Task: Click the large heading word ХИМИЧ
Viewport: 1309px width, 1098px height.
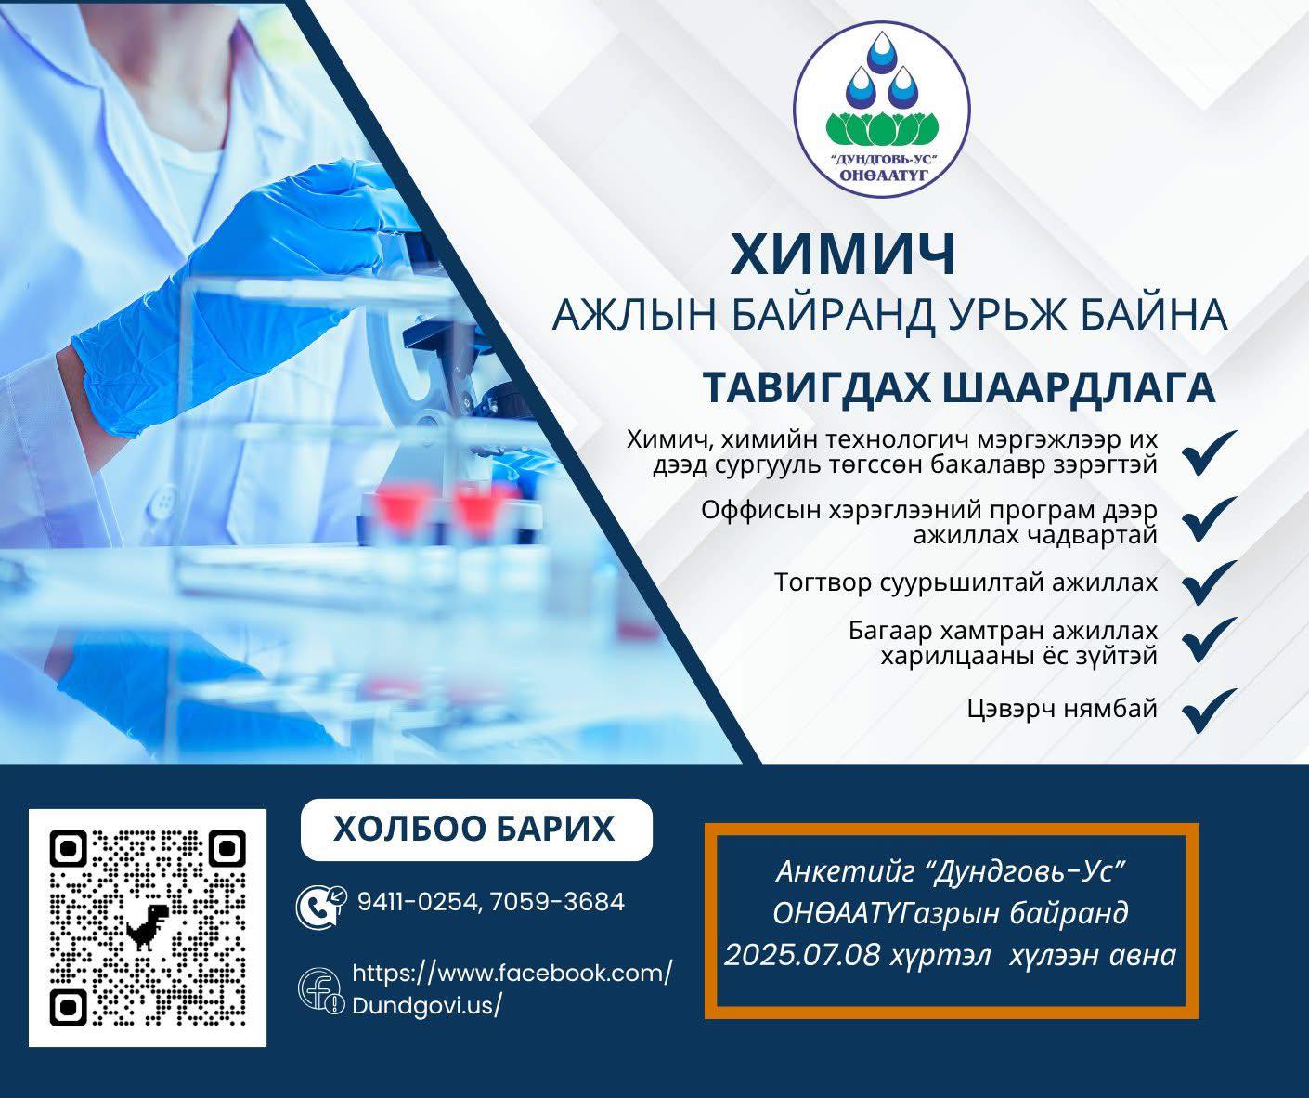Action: [843, 255]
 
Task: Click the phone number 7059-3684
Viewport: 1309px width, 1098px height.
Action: [557, 902]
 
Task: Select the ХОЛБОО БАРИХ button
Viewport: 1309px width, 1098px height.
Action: [476, 829]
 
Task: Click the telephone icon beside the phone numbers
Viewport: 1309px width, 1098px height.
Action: [320, 907]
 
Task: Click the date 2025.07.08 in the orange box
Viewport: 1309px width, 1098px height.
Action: [802, 956]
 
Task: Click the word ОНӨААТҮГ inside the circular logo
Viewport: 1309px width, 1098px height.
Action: [883, 175]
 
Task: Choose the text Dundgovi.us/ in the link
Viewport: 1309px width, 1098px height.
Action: [427, 1006]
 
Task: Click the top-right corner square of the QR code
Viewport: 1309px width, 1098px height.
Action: [227, 850]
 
